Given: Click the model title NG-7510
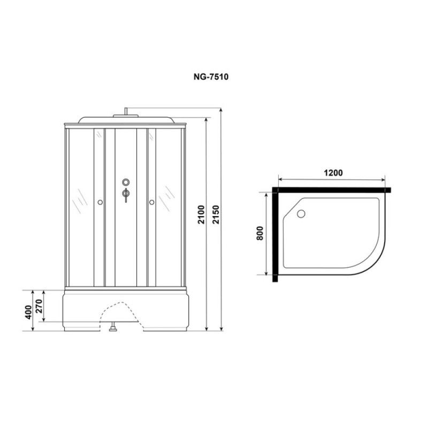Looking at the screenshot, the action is click(211, 77).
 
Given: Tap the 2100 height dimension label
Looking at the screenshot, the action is click(201, 215).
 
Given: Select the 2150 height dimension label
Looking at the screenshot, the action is click(216, 215).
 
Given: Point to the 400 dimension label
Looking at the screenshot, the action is click(28, 312).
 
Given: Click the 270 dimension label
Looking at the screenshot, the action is click(39, 306).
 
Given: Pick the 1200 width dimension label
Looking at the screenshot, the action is click(333, 173).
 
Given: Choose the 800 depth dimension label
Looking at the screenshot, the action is click(260, 233).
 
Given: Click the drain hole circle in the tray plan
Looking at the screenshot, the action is click(301, 213).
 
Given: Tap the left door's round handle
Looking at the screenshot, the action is click(100, 202).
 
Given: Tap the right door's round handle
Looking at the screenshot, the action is click(152, 202).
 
